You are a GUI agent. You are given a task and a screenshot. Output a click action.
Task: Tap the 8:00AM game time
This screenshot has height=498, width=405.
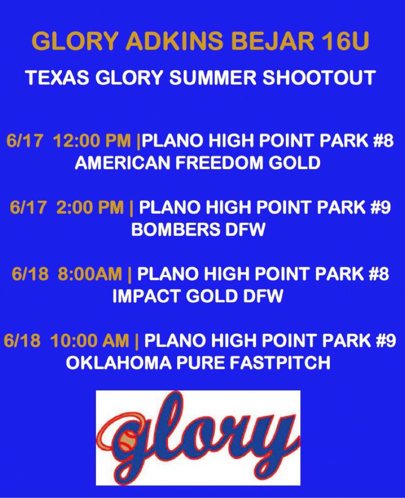[x=91, y=274]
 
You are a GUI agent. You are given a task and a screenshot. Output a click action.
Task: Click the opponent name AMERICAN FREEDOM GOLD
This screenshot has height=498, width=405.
[x=198, y=163]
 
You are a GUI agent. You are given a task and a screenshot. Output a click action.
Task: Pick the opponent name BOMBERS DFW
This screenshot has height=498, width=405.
[x=198, y=230]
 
